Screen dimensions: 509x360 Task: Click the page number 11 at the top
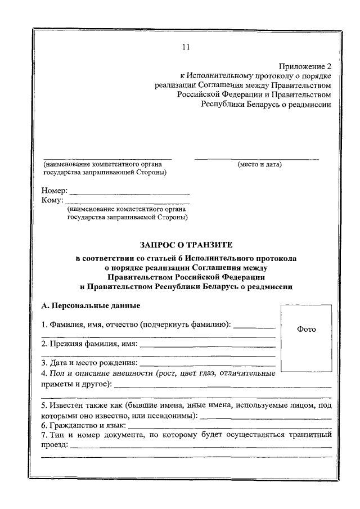click(x=186, y=47)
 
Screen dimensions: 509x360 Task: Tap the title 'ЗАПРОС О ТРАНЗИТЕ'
click(x=186, y=245)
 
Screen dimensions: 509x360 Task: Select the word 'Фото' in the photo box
click(x=306, y=329)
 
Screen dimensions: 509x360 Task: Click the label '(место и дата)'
click(x=259, y=164)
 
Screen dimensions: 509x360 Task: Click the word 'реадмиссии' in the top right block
click(x=309, y=104)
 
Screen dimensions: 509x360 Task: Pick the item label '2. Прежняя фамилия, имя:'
click(x=89, y=344)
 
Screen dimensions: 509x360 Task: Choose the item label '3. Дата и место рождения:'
click(x=89, y=363)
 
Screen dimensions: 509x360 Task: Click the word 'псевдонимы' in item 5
click(x=170, y=416)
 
